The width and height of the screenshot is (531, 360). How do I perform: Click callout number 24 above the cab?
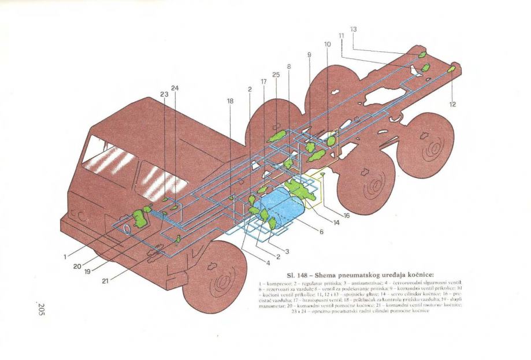coord(175,88)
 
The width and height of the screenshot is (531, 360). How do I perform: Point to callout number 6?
coord(321,232)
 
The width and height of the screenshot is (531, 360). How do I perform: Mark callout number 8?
coord(289,66)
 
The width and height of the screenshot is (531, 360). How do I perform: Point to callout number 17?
coord(263,82)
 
